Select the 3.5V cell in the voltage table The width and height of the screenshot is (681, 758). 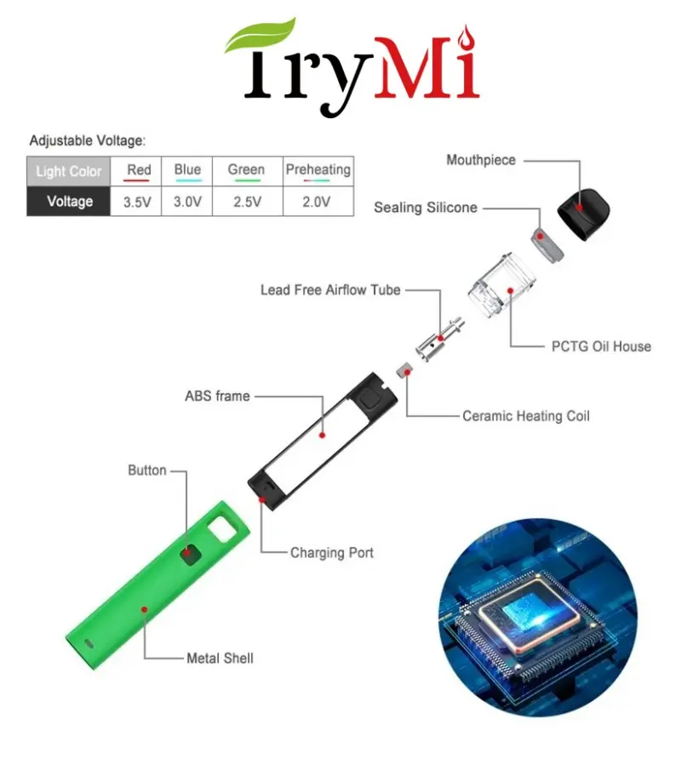point(139,202)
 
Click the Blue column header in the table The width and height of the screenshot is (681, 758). point(187,169)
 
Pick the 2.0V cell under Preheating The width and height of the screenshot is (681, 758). point(318,202)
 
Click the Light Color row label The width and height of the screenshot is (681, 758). point(68,171)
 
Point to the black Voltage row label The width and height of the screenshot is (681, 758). point(69,202)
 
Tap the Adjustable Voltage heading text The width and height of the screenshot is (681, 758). point(88,140)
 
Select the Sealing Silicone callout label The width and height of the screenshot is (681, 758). point(425,208)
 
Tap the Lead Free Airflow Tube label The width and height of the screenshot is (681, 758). point(329,290)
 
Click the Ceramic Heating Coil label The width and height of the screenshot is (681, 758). point(525,416)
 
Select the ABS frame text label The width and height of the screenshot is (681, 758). point(217,396)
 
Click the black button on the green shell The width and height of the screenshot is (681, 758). point(190,553)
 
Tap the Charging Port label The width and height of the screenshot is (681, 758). point(331,553)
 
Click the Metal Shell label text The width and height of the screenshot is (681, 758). point(220,658)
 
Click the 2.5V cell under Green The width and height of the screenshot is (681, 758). point(246,202)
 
